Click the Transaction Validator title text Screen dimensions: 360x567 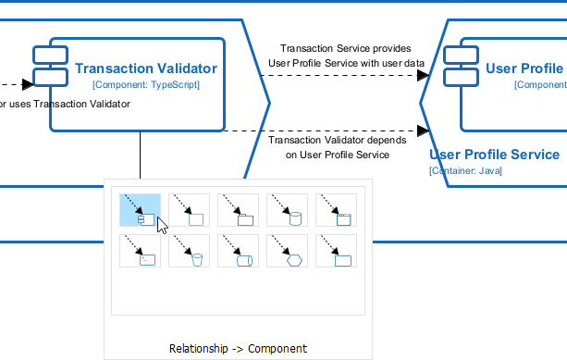146,68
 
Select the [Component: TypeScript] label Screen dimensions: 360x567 146,84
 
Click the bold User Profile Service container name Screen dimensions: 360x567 495,155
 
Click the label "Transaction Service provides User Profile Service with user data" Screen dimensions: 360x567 345,56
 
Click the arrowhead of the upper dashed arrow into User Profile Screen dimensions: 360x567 424,76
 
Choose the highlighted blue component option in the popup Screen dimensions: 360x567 140,209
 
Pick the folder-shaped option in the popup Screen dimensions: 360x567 239,210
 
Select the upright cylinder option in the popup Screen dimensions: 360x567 288,210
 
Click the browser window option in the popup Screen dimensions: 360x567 337,210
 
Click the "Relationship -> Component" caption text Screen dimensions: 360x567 238,349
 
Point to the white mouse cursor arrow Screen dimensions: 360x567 162,225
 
